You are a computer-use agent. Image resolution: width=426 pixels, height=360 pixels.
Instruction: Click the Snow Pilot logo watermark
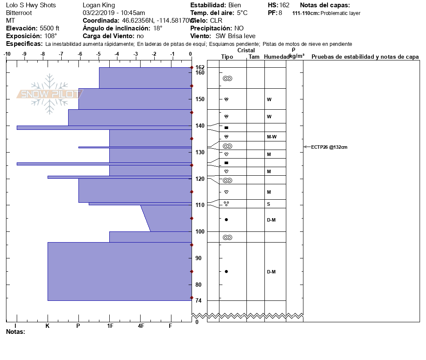(50, 94)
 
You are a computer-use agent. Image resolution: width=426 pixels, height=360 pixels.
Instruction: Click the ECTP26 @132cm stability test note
(329, 147)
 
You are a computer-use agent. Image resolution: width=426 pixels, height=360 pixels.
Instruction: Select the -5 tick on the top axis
(99, 54)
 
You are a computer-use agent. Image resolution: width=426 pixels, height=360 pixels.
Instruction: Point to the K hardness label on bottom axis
(48, 326)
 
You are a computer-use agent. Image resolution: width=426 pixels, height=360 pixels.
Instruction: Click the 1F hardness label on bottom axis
(110, 326)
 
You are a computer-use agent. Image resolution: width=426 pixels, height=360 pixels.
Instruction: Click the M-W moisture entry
(271, 137)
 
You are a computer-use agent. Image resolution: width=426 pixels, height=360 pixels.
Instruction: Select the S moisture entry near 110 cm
(268, 204)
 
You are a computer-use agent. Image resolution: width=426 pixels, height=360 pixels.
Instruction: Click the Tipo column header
(227, 57)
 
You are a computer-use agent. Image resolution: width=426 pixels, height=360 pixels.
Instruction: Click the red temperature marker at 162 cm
(192, 68)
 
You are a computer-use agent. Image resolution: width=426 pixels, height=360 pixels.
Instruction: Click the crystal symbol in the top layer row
(228, 78)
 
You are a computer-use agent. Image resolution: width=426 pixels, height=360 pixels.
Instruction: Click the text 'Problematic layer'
(340, 13)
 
